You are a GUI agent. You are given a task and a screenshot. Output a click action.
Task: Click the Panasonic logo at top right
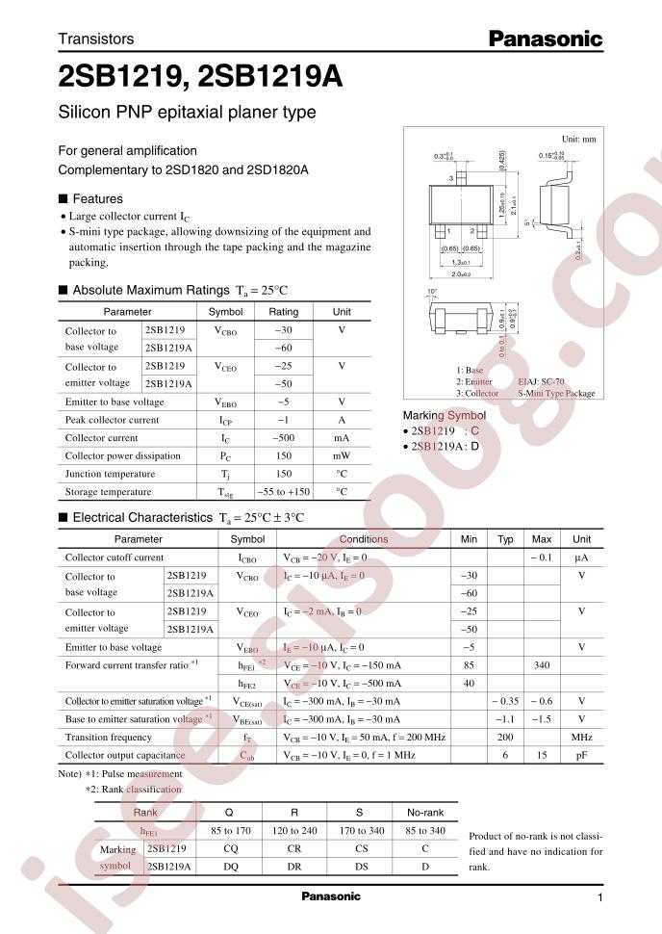[545, 39]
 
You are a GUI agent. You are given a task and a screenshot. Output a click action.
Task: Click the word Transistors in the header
[96, 39]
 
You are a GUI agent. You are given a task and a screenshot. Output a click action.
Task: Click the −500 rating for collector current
[284, 438]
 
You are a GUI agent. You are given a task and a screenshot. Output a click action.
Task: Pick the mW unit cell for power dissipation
[342, 455]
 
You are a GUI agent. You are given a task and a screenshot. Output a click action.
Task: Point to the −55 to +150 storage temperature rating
[284, 491]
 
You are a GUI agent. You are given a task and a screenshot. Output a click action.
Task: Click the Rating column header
[284, 312]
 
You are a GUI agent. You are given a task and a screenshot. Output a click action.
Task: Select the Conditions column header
[364, 539]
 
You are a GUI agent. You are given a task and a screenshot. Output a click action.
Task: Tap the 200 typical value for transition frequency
[505, 738]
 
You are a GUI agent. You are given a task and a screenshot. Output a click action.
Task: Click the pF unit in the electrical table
[581, 756]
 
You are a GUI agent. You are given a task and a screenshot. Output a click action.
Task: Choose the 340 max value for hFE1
[542, 664]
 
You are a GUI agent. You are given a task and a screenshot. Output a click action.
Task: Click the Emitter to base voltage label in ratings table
[114, 402]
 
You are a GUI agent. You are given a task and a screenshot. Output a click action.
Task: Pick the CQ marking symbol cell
[227, 849]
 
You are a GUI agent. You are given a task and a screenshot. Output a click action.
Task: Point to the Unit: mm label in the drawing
[578, 139]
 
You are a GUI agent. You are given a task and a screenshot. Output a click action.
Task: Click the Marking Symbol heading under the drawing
[444, 415]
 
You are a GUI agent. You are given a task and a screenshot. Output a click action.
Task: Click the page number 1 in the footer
[599, 897]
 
